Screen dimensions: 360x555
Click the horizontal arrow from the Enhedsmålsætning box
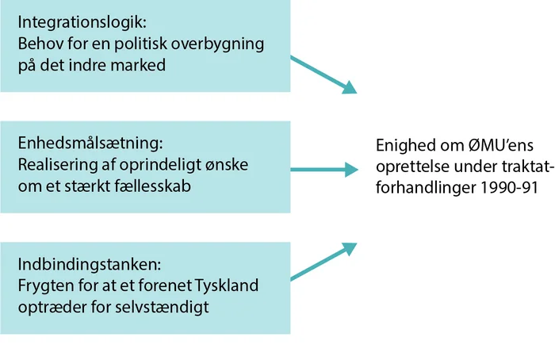[x=324, y=169]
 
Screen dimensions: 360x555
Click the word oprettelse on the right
[x=410, y=167]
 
